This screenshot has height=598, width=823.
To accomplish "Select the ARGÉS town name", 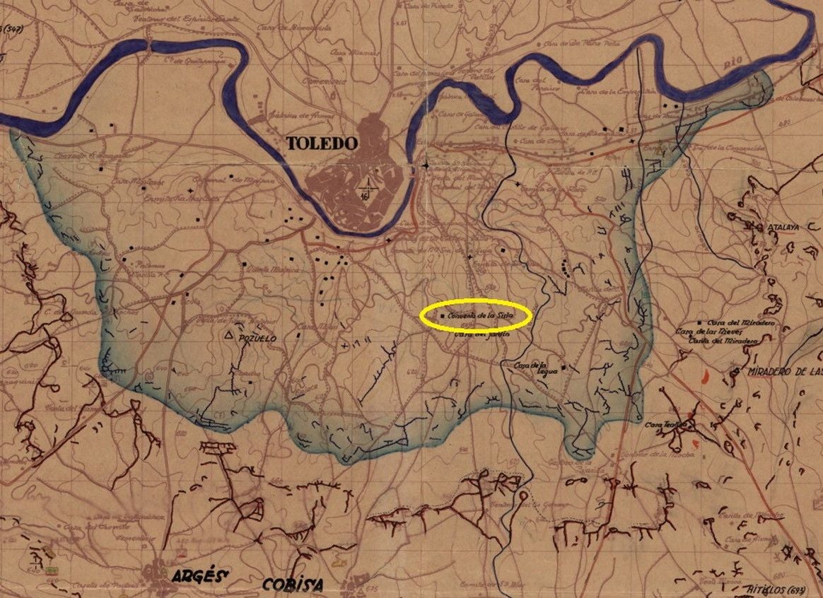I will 198,576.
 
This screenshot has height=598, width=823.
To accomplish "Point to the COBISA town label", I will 293,585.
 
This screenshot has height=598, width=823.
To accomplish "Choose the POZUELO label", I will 257,339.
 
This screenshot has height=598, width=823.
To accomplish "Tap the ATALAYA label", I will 782,228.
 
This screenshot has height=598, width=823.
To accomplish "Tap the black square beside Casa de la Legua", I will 564,368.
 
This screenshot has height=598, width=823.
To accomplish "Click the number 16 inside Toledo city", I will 366,197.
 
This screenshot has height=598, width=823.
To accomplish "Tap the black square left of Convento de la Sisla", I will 443,315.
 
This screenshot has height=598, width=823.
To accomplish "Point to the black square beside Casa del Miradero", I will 700,322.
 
